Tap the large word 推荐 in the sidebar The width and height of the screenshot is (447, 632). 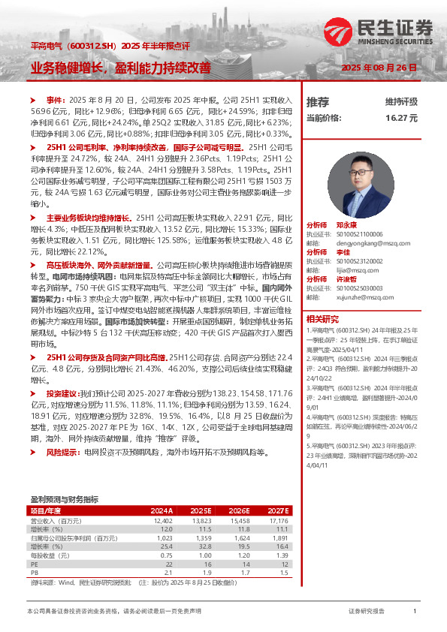(x=318, y=101)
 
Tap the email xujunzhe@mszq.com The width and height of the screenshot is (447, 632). (x=358, y=296)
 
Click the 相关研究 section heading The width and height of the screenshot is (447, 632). (x=321, y=318)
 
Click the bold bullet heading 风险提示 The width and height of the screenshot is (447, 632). (x=63, y=453)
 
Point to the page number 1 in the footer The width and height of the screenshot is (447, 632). (x=414, y=612)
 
